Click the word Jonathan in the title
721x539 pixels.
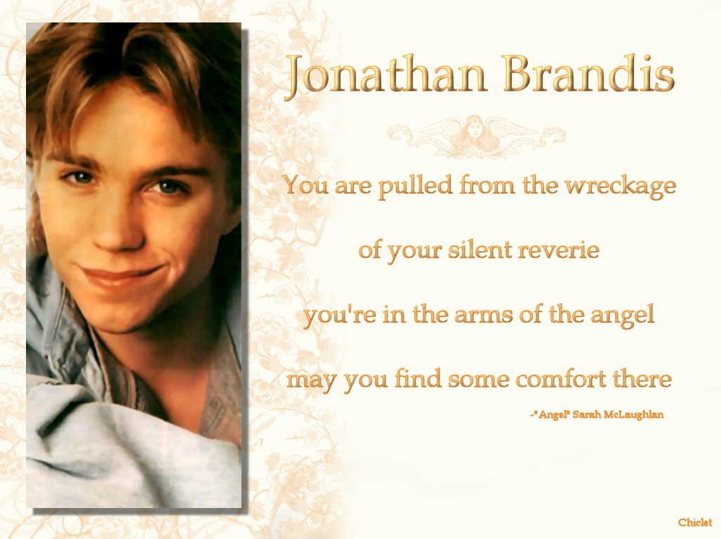coord(386,76)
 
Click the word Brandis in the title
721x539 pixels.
coord(588,74)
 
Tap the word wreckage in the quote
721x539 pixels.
coord(621,187)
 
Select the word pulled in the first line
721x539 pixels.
coord(415,186)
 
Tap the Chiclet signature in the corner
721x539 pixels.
coord(695,522)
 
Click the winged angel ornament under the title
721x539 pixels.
coord(476,133)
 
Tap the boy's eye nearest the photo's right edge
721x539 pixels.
coord(166,186)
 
